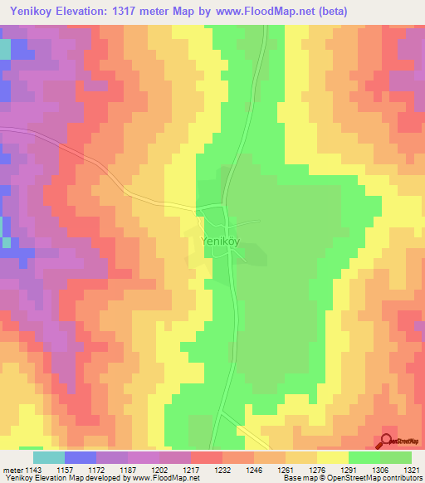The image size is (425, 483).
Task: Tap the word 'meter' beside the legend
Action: (12, 469)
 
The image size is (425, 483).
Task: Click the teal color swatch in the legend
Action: (48, 457)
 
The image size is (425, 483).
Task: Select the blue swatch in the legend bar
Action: (80, 457)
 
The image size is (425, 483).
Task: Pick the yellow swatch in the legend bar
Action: (333, 457)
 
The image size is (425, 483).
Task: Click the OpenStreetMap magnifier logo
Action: (387, 442)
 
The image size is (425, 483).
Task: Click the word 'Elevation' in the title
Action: (82, 12)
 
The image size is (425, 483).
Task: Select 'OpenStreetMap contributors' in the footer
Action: (380, 478)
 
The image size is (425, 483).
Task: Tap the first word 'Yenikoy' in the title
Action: (27, 12)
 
